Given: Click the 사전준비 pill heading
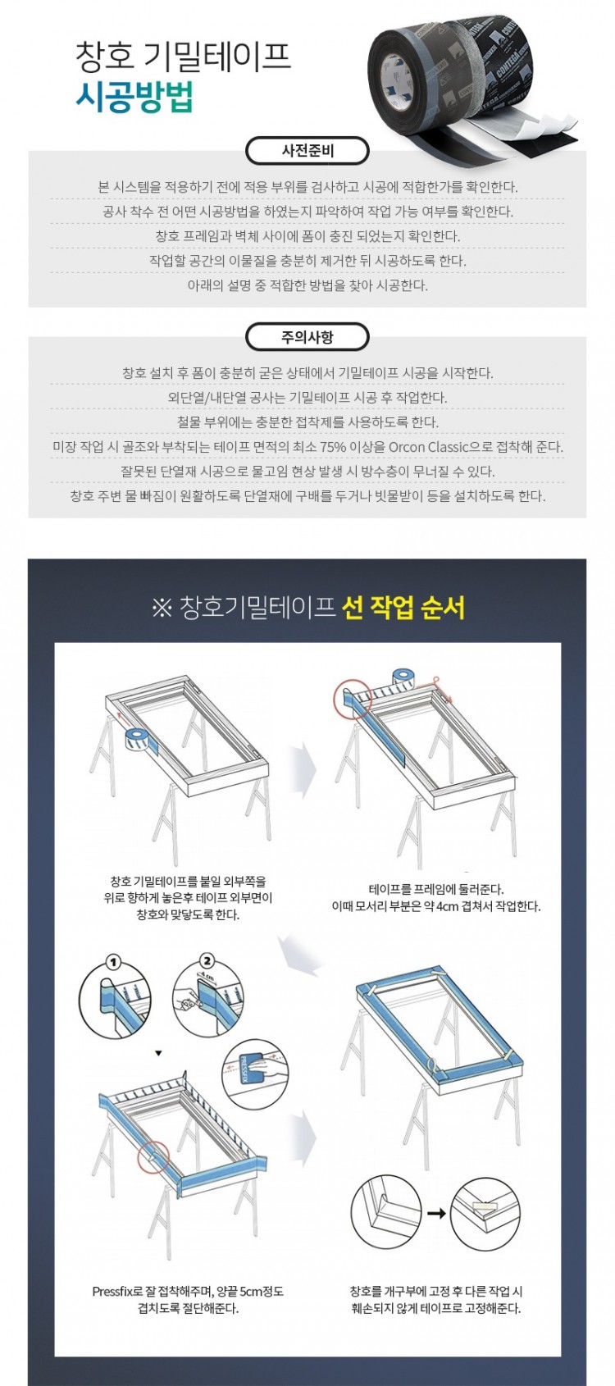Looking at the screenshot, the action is coord(307,151).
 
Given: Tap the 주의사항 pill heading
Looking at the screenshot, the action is coord(307,337).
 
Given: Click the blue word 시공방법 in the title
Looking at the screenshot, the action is coord(134,97).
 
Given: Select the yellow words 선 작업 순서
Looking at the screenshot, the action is coord(403,608).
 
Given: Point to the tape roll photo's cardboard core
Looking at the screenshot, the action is coord(393,81).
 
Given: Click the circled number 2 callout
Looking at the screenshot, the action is coord(207,961).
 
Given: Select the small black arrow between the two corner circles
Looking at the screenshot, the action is coord(436,1214).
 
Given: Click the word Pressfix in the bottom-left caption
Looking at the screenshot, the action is coord(112,1292).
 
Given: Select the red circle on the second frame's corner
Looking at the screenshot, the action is coord(353,699).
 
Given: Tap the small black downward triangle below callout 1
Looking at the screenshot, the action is coord(158,1052).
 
